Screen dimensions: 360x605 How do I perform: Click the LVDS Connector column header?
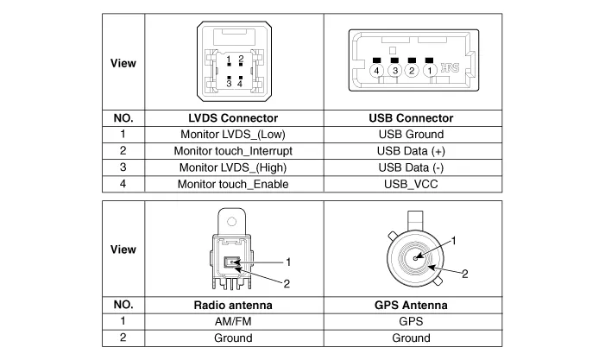(x=232, y=118)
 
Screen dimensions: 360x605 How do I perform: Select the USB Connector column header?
(x=411, y=118)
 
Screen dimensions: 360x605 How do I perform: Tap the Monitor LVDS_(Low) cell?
(x=232, y=135)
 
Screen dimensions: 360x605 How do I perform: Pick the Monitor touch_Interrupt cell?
(x=232, y=151)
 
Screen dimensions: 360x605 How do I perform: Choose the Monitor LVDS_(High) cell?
(x=232, y=167)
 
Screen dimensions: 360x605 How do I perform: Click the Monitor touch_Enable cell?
(x=232, y=184)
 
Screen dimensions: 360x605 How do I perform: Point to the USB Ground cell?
(x=411, y=135)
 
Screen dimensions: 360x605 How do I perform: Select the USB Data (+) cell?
(x=411, y=151)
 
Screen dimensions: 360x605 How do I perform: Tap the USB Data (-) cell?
(x=411, y=167)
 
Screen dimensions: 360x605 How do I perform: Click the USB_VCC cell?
(x=411, y=184)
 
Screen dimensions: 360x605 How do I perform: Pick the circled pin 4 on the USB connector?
(x=377, y=70)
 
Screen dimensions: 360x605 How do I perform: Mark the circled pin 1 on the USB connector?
(x=429, y=70)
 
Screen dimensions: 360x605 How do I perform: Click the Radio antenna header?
(x=232, y=305)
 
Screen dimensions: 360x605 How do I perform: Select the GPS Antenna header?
(x=411, y=305)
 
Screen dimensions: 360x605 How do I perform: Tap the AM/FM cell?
(x=232, y=321)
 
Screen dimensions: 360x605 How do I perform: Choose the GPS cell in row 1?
(x=411, y=321)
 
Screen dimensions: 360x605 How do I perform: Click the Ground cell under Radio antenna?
(x=232, y=338)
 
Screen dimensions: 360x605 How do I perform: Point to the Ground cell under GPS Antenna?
(x=411, y=338)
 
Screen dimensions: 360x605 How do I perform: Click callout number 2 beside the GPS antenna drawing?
(x=464, y=274)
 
